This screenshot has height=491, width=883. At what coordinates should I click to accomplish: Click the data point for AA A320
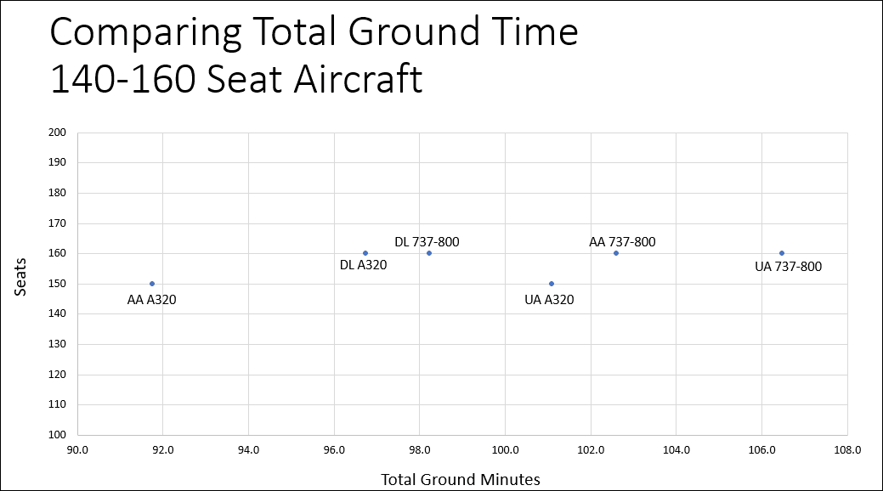pyautogui.click(x=152, y=284)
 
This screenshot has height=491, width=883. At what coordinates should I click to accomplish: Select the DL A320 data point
pyautogui.click(x=365, y=253)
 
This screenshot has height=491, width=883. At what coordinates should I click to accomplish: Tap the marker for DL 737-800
pyautogui.click(x=429, y=253)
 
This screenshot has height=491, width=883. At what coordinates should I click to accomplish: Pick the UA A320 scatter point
pyautogui.click(x=552, y=284)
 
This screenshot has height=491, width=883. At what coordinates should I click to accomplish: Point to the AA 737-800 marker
pyautogui.click(x=616, y=253)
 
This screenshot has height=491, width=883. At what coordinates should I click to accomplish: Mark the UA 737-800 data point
pyautogui.click(x=782, y=253)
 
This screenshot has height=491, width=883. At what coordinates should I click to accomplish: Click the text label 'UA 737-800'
pyautogui.click(x=788, y=267)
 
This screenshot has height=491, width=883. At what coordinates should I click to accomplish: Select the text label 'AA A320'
pyautogui.click(x=152, y=299)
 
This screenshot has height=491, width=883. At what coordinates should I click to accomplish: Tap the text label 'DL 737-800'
pyautogui.click(x=427, y=242)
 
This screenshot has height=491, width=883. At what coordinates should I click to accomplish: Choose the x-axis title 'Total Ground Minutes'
pyautogui.click(x=461, y=479)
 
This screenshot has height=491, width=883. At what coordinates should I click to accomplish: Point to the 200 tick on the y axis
pyautogui.click(x=58, y=133)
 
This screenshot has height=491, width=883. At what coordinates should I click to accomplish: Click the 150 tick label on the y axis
pyautogui.click(x=58, y=284)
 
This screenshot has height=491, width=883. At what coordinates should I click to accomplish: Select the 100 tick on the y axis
pyautogui.click(x=58, y=435)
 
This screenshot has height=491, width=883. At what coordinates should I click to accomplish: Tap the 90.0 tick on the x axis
pyautogui.click(x=77, y=449)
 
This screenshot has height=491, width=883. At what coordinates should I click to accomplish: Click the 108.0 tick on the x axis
pyautogui.click(x=847, y=449)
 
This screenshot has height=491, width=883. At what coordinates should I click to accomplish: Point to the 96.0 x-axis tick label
pyautogui.click(x=334, y=449)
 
